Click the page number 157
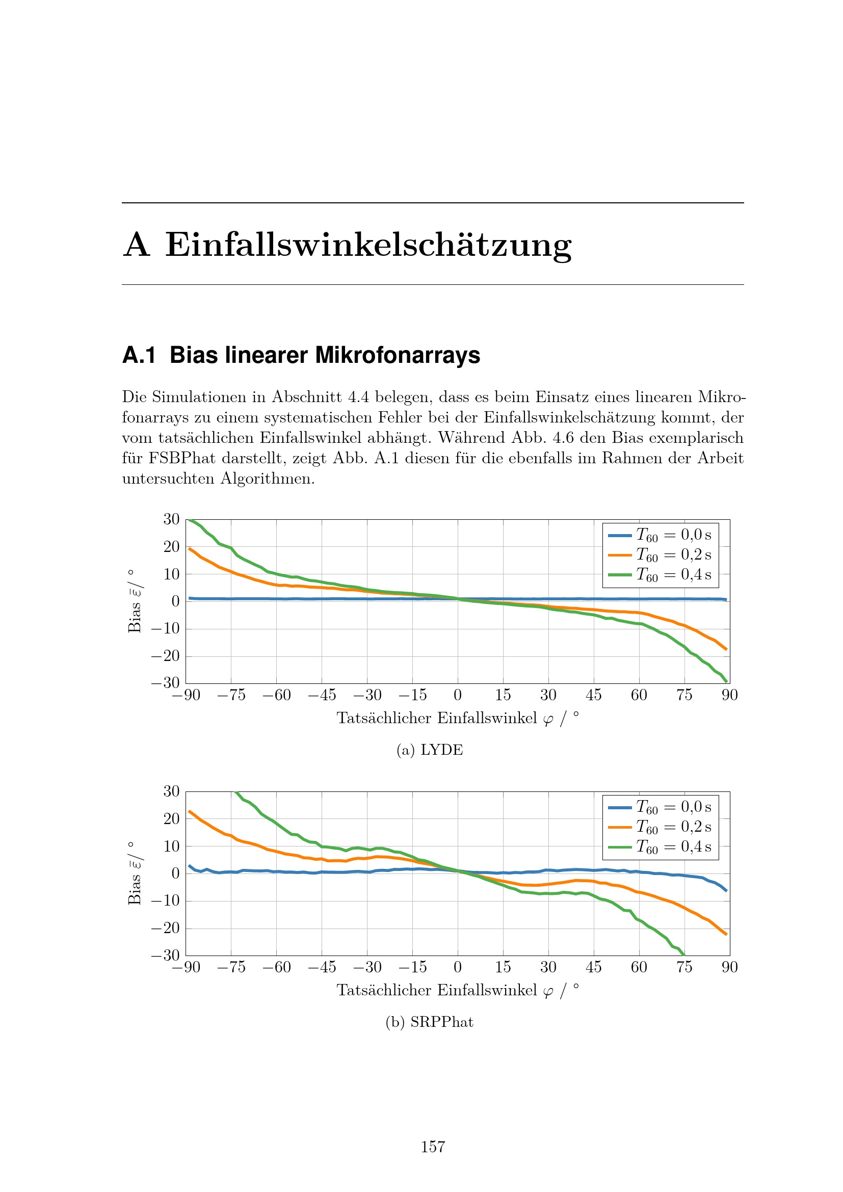click(432, 1147)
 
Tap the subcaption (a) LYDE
click(429, 750)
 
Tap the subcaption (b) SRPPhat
click(429, 1022)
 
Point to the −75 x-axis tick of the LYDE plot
click(231, 695)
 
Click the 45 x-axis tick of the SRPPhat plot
click(593, 967)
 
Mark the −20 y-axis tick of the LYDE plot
click(165, 656)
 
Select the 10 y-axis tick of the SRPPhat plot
click(171, 846)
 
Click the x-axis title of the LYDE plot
click(457, 718)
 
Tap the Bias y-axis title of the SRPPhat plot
click(135, 873)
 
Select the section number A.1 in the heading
click(139, 356)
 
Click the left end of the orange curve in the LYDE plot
click(190, 549)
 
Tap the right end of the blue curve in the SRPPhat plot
click(726, 891)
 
